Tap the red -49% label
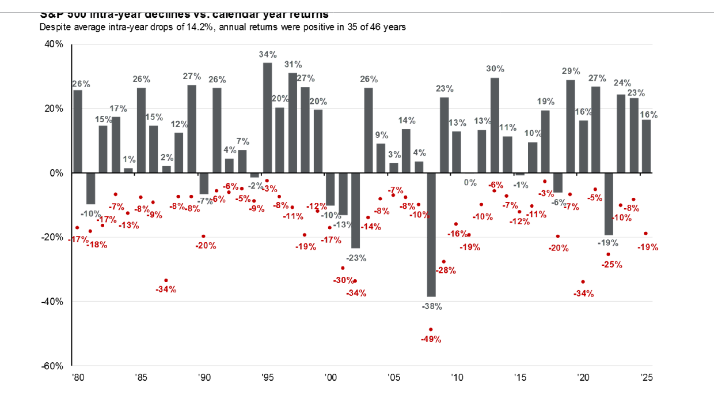pyautogui.click(x=431, y=339)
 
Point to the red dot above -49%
pyautogui.click(x=431, y=329)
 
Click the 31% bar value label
pyautogui.click(x=294, y=65)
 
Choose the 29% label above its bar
pyautogui.click(x=571, y=71)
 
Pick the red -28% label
pyautogui.click(x=445, y=270)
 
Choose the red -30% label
pyautogui.click(x=344, y=280)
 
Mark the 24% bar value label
pyautogui.click(x=622, y=83)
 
